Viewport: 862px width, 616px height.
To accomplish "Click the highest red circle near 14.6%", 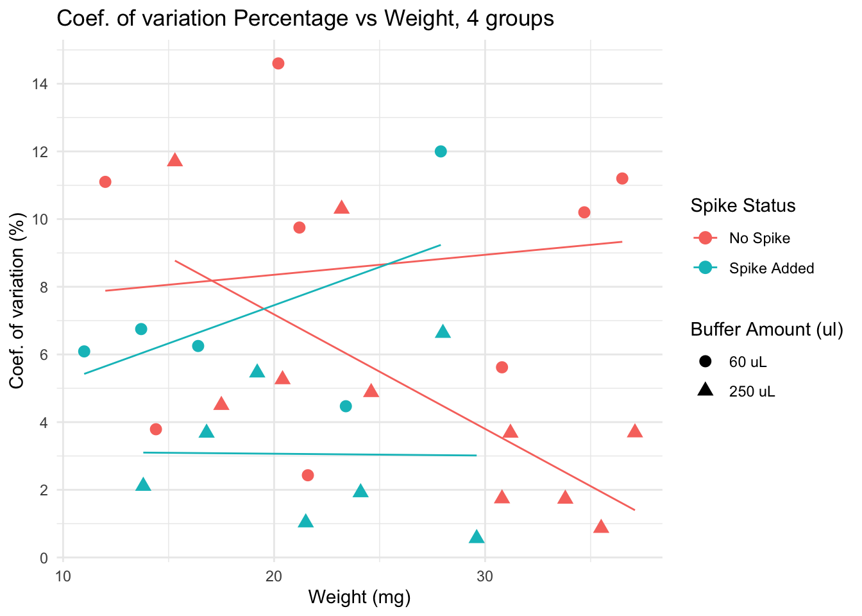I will click(x=278, y=64).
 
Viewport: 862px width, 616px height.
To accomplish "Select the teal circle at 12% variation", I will click(x=441, y=151).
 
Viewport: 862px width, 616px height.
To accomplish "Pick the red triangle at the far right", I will click(x=635, y=431).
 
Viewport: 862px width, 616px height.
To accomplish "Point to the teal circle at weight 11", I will click(x=84, y=351).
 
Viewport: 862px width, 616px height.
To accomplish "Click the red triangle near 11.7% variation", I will click(x=175, y=160).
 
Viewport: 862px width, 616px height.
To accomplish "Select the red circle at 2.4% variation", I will click(x=308, y=475).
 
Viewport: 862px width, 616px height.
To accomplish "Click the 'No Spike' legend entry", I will click(x=759, y=238).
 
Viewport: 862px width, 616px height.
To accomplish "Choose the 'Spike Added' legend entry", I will click(x=771, y=268).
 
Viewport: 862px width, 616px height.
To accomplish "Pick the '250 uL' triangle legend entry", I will click(x=752, y=391).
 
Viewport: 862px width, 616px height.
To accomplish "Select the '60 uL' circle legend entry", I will click(x=747, y=362).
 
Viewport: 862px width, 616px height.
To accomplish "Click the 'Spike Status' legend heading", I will click(x=743, y=205).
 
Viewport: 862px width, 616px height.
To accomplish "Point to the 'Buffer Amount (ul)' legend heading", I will click(x=766, y=329).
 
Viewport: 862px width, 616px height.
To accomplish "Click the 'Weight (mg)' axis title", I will click(x=359, y=597).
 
